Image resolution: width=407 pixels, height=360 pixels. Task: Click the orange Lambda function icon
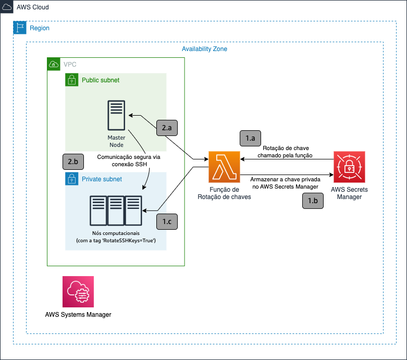click(x=224, y=167)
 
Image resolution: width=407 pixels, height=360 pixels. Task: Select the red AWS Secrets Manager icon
click(x=349, y=167)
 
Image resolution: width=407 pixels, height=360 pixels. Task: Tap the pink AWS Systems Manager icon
click(x=78, y=292)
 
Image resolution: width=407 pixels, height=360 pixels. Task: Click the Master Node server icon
click(x=116, y=115)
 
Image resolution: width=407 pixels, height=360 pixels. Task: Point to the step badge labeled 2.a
click(x=167, y=128)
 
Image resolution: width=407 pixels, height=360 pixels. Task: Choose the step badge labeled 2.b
click(x=73, y=162)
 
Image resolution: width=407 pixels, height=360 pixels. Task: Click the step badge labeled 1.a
click(x=250, y=139)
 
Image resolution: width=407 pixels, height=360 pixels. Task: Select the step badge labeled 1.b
click(x=313, y=201)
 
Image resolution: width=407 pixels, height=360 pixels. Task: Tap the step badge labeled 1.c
click(x=167, y=221)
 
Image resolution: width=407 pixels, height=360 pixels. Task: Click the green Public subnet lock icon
click(x=71, y=80)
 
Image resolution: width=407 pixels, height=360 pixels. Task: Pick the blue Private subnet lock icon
click(x=71, y=179)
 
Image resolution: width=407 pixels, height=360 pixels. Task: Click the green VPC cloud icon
click(x=54, y=64)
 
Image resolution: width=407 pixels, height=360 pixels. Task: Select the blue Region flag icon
click(x=20, y=28)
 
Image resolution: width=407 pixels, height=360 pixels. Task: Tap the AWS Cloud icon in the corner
click(x=7, y=7)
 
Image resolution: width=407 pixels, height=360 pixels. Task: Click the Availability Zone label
click(x=204, y=49)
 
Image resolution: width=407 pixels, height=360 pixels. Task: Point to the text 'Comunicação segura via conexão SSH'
click(x=129, y=160)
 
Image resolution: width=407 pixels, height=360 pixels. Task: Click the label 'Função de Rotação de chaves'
click(x=224, y=193)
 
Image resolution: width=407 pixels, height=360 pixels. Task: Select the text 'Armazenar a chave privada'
click(x=285, y=179)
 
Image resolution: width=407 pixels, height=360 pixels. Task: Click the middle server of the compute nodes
click(x=116, y=210)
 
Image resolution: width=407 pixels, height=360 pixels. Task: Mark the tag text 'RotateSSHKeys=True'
click(x=129, y=241)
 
